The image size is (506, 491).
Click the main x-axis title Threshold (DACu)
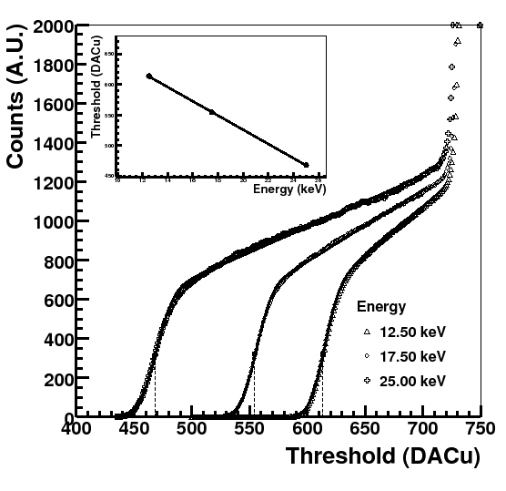point(383,457)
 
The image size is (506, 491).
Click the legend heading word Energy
point(381,306)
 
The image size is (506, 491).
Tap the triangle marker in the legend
point(366,332)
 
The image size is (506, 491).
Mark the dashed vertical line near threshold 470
point(155,392)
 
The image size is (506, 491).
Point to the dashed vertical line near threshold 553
point(254,392)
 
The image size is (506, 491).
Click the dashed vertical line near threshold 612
point(322,392)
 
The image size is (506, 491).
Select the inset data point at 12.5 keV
point(149,77)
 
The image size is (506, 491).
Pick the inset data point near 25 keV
point(306,165)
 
